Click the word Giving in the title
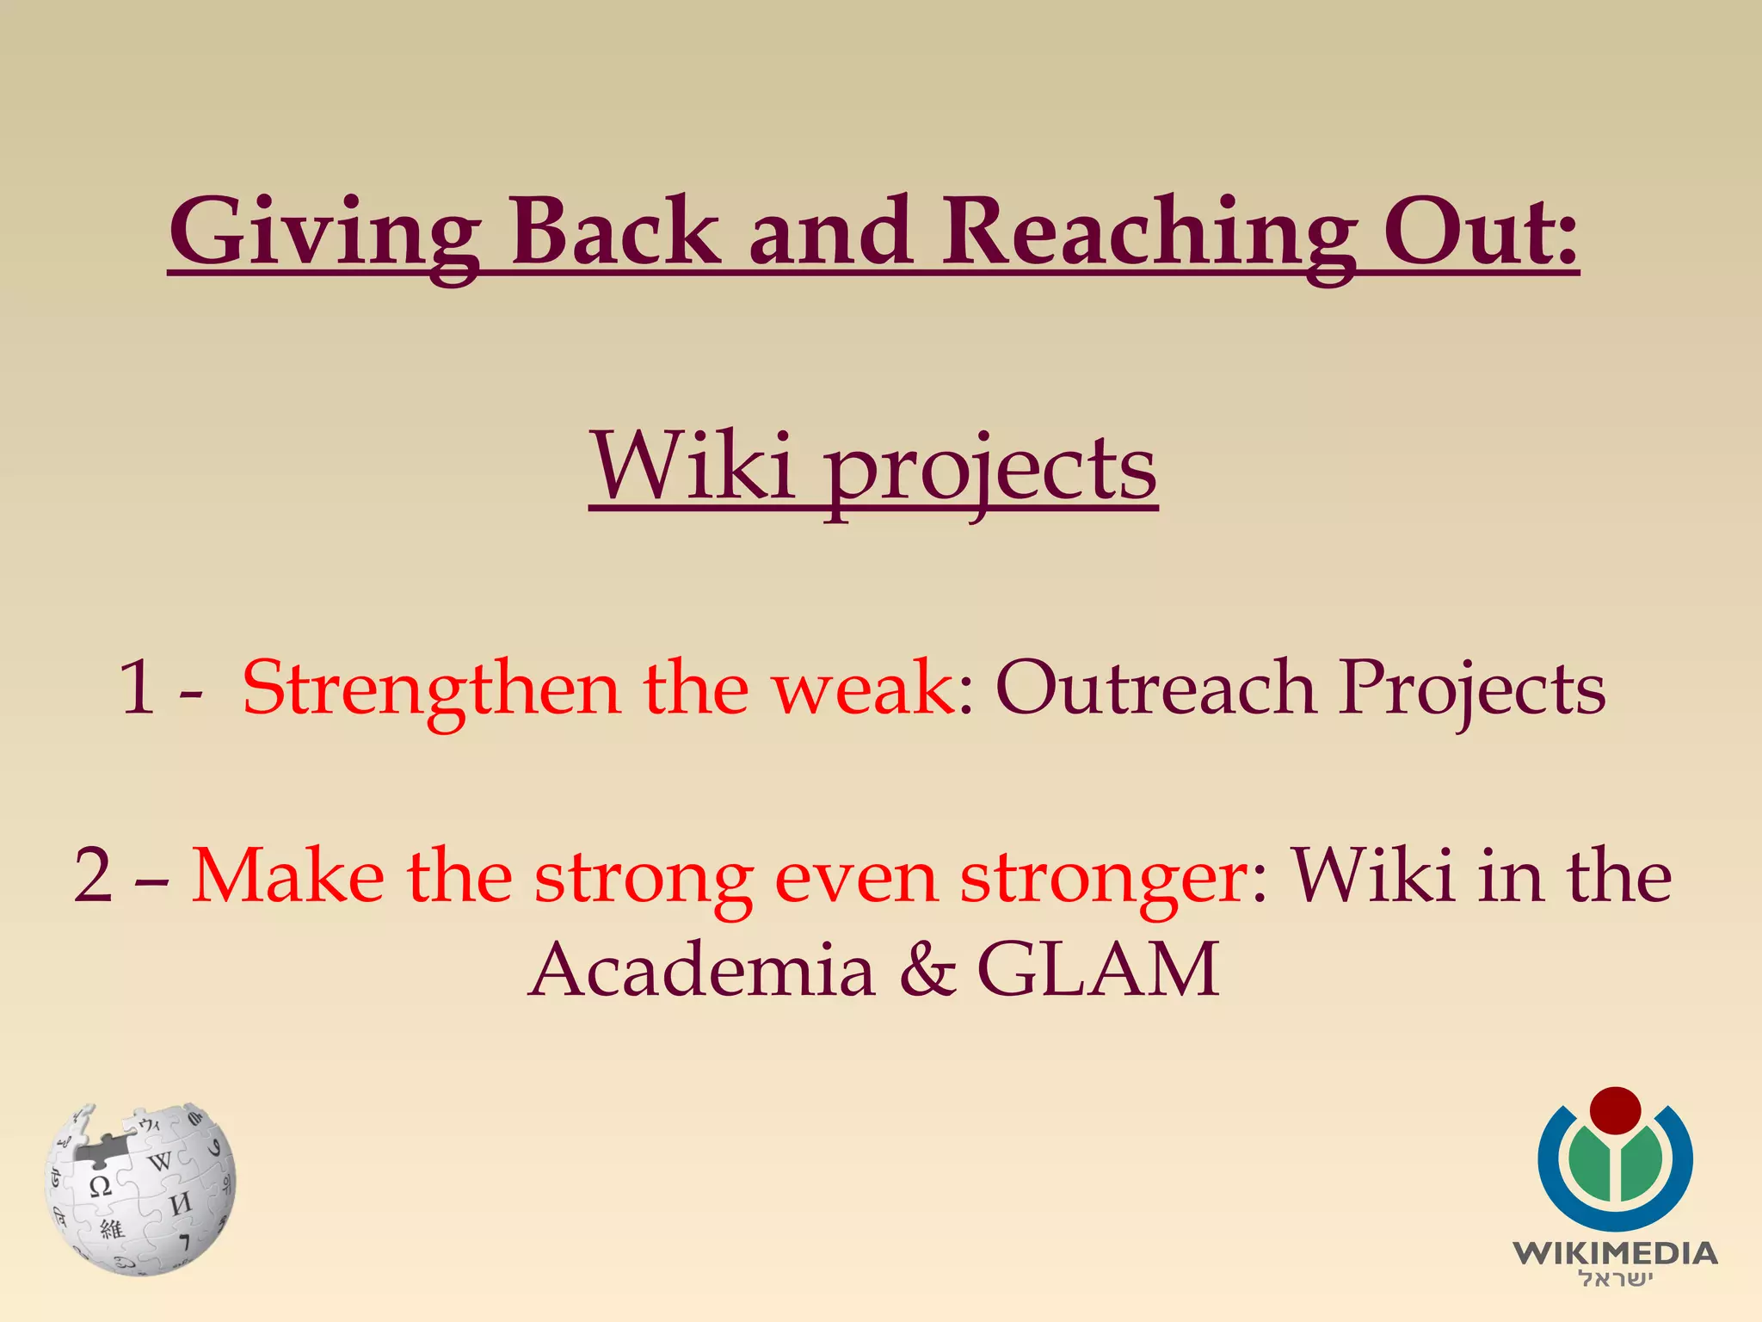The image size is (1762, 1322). (324, 232)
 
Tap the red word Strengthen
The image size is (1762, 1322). (430, 689)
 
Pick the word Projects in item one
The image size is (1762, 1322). (1472, 689)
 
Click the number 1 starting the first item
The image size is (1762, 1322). (138, 689)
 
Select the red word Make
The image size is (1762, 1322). (287, 876)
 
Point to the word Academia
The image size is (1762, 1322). (701, 971)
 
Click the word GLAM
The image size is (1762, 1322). (1099, 971)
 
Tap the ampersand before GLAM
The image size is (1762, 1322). (927, 971)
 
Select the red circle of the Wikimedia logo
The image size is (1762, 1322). (1615, 1110)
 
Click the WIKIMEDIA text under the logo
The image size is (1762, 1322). (1615, 1253)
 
